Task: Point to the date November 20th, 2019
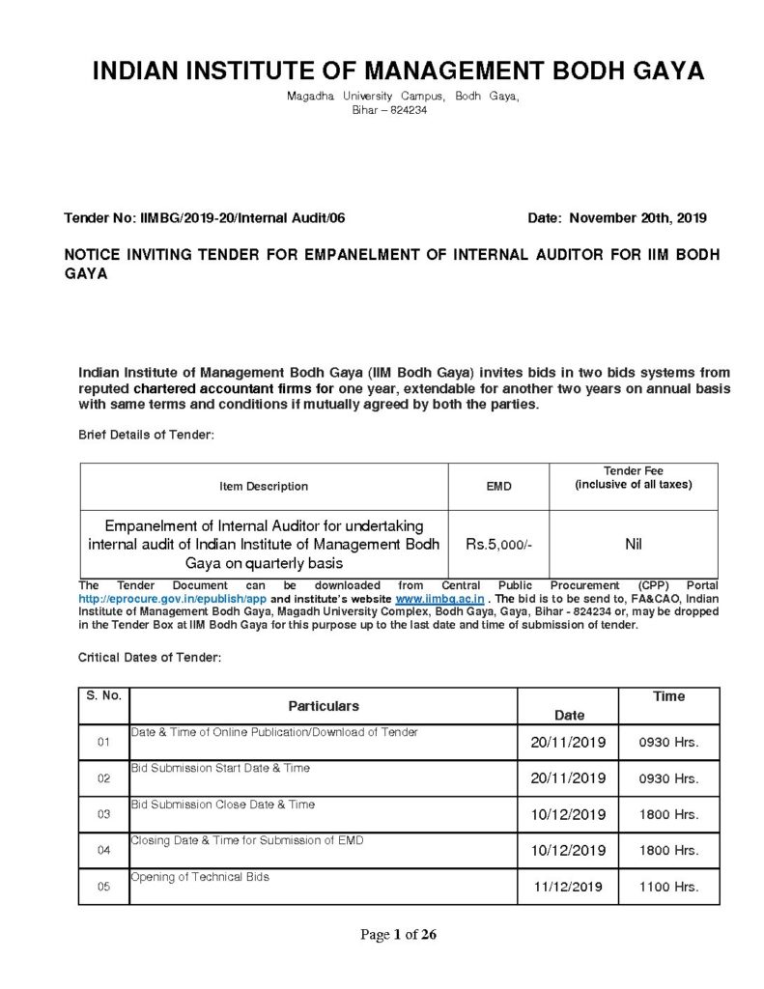pos(637,218)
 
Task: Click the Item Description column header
pos(264,486)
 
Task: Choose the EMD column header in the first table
pos(498,487)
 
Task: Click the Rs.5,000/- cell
pos(498,545)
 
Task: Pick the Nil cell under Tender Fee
pos(633,545)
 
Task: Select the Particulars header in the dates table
pos(323,706)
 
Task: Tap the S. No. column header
pos(103,695)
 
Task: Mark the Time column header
pos(668,696)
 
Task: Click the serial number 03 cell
pos(103,814)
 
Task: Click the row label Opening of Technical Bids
pos(200,877)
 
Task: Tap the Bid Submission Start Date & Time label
pos(220,768)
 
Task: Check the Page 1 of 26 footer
pos(398,934)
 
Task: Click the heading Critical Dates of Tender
pos(150,657)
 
